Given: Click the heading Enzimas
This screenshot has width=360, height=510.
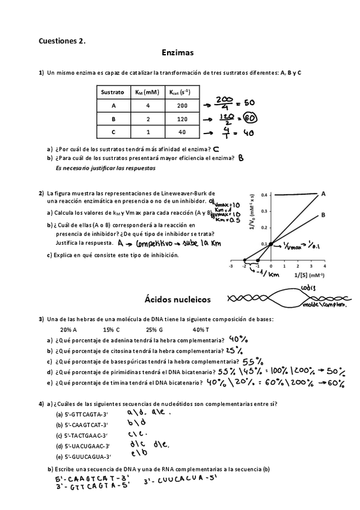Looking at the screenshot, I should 177,53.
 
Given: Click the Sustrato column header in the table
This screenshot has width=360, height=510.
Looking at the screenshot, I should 112,92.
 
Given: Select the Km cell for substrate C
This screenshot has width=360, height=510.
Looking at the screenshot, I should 147,132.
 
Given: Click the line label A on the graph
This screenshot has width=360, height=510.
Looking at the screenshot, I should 323,194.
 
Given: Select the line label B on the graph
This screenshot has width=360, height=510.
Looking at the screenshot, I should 323,215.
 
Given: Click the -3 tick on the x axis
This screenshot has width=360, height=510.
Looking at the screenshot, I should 231,265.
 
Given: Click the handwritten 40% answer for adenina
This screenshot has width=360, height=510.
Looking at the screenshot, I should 239,339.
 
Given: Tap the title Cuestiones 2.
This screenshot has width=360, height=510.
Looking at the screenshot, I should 62,41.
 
